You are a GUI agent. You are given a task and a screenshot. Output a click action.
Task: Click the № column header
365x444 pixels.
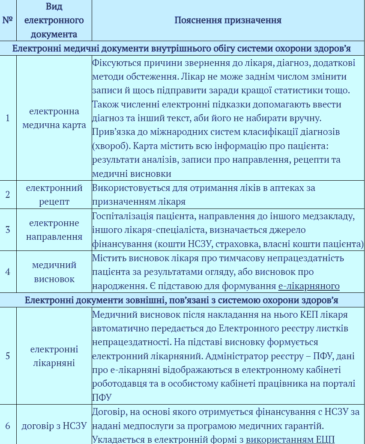pyautogui.click(x=8, y=20)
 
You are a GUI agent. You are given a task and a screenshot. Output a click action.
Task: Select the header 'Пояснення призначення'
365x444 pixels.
pyautogui.click(x=227, y=20)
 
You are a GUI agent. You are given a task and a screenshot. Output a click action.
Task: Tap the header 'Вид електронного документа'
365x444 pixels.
pyautogui.click(x=54, y=20)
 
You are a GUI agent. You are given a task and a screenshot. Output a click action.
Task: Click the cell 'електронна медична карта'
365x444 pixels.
pyautogui.click(x=54, y=118)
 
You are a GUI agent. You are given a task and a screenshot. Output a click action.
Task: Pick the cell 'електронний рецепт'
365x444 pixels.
pyautogui.click(x=54, y=194)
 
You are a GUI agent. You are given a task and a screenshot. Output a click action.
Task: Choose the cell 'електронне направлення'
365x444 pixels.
pyautogui.click(x=54, y=229)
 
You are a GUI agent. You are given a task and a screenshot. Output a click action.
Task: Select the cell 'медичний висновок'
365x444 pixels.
pyautogui.click(x=54, y=271)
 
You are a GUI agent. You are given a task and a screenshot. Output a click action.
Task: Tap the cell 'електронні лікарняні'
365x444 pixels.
pyautogui.click(x=54, y=356)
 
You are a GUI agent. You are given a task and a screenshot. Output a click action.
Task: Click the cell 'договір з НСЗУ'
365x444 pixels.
pyautogui.click(x=54, y=426)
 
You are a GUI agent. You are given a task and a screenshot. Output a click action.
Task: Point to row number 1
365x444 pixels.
pyautogui.click(x=8, y=118)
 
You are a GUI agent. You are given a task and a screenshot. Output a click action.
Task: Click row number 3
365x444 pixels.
pyautogui.click(x=8, y=229)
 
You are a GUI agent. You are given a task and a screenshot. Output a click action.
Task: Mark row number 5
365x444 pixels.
pyautogui.click(x=8, y=356)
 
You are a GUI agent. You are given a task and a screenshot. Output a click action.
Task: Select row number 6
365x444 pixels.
pyautogui.click(x=8, y=426)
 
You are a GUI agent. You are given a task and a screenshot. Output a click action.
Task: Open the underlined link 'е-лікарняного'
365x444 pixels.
pyautogui.click(x=309, y=286)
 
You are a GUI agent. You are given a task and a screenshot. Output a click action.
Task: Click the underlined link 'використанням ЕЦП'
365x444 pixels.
pyautogui.click(x=290, y=439)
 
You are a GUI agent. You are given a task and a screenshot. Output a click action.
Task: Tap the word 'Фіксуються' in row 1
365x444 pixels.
pyautogui.click(x=111, y=63)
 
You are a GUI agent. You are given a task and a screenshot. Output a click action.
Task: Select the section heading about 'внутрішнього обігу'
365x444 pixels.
pyautogui.click(x=182, y=48)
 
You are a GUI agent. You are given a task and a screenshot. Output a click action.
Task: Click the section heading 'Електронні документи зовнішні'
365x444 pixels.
pyautogui.click(x=182, y=300)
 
